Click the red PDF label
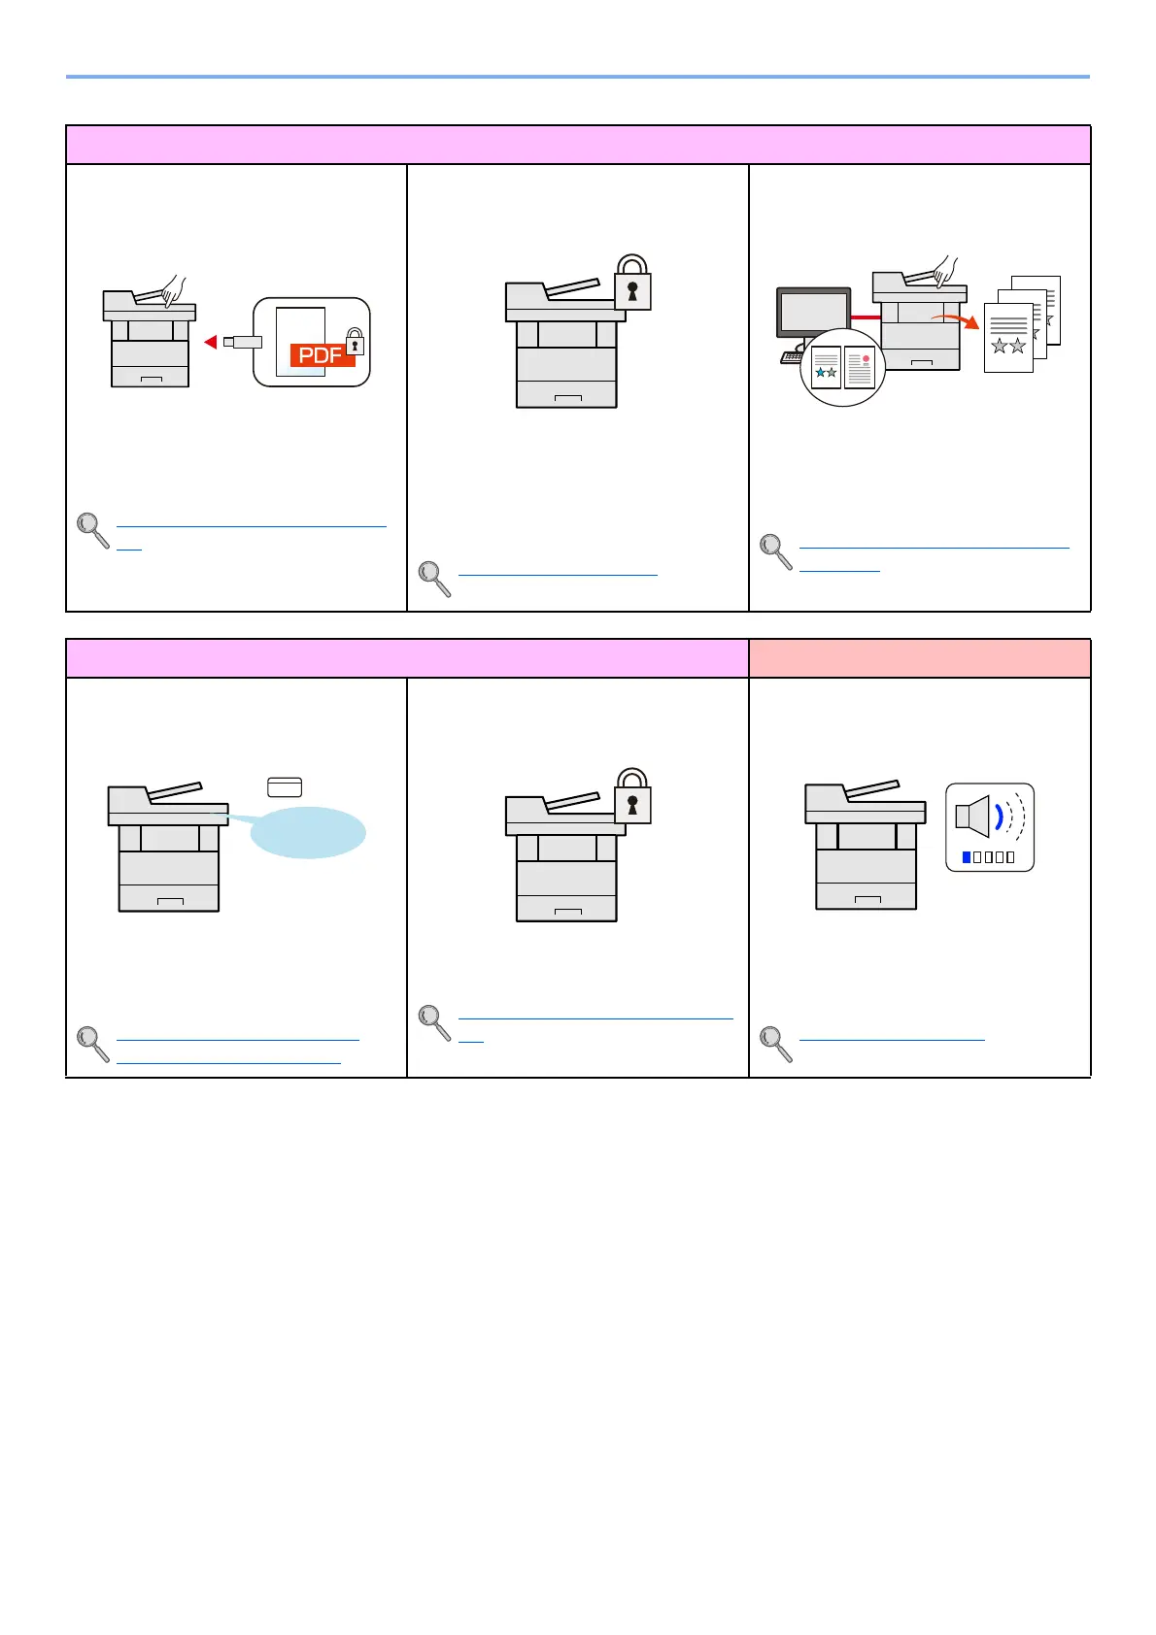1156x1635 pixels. [322, 355]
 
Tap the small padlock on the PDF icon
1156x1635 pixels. [356, 342]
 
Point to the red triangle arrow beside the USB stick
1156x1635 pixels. [210, 342]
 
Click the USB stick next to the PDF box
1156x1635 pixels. [243, 342]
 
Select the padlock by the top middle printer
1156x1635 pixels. [632, 284]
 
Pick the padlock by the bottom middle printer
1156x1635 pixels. [632, 797]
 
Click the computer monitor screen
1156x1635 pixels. [813, 314]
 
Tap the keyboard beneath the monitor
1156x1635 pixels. [791, 357]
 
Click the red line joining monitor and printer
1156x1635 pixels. [865, 317]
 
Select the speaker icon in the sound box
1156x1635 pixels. [973, 816]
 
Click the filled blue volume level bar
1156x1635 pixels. [966, 857]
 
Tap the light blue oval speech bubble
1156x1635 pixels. [308, 833]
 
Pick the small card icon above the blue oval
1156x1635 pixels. [285, 786]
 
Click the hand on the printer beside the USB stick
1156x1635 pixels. [174, 289]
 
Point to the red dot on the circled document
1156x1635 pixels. [866, 359]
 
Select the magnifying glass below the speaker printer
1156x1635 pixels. [775, 1043]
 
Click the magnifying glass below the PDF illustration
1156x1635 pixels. [92, 529]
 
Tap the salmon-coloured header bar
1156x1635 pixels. [919, 658]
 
